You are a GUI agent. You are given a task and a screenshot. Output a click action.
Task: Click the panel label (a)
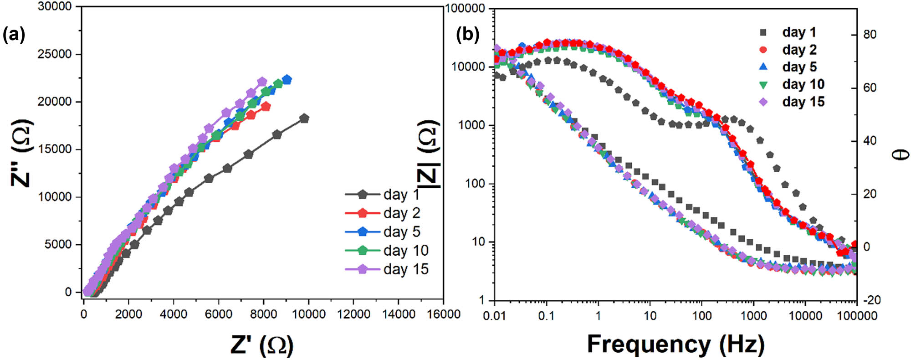[x=14, y=35]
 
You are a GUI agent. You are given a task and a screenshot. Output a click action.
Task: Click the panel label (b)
[x=468, y=35]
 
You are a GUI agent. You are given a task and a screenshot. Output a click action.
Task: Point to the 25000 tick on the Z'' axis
[x=55, y=54]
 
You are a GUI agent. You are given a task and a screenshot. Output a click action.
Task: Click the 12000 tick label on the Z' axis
[x=353, y=314]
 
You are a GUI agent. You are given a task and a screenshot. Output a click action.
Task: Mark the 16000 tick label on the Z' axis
[x=443, y=314]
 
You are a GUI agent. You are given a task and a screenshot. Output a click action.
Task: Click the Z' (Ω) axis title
[x=261, y=345]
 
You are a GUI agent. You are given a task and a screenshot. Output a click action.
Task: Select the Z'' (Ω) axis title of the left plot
[x=22, y=153]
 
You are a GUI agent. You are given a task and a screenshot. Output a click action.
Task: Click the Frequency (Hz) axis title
[x=676, y=344]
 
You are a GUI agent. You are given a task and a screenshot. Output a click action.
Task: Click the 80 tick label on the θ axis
[x=870, y=35]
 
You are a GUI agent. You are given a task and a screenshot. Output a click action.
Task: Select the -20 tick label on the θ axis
[x=871, y=300]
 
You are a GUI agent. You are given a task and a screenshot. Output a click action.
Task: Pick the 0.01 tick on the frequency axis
[x=494, y=315]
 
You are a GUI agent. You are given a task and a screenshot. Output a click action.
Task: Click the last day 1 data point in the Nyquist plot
[x=304, y=118]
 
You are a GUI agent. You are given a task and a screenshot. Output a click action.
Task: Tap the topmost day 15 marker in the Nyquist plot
[x=262, y=82]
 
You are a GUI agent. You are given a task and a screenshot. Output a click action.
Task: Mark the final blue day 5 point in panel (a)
[x=287, y=80]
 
